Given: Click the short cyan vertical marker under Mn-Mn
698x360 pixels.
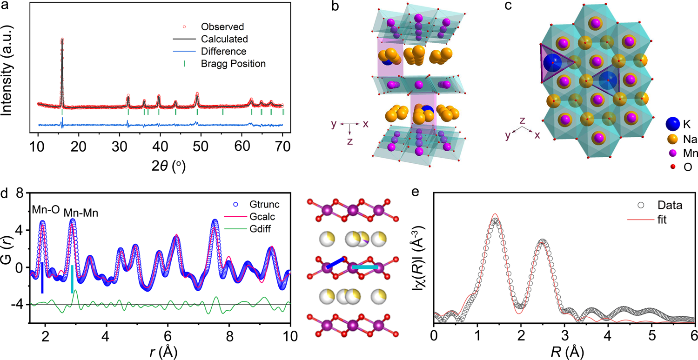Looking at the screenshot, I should (72, 279).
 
